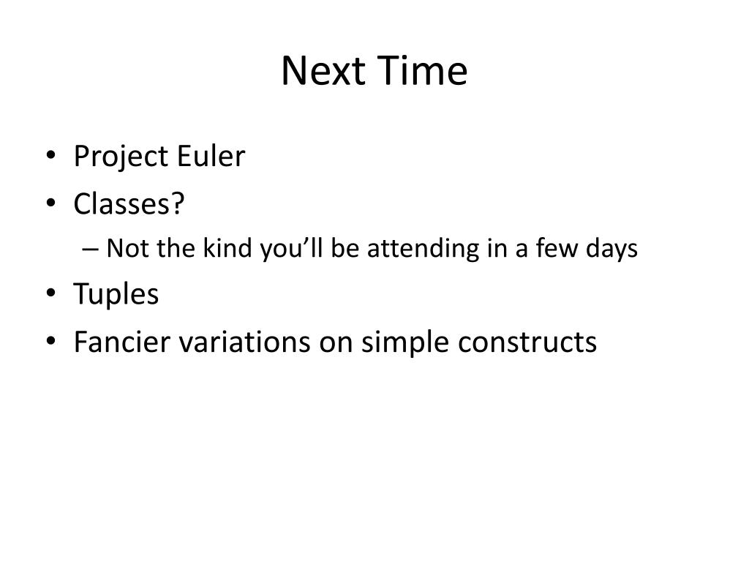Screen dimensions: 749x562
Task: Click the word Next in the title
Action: [323, 71]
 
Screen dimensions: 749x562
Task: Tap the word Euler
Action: [211, 156]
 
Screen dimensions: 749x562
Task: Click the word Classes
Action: [121, 204]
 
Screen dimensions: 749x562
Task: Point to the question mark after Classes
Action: [177, 203]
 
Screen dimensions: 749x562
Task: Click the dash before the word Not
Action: [90, 250]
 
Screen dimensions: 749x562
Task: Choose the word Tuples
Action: [116, 294]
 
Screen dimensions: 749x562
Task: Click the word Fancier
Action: [122, 342]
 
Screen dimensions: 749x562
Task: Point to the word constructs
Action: [527, 342]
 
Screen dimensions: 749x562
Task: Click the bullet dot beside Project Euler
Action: [51, 155]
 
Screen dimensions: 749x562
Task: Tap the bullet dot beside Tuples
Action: [51, 293]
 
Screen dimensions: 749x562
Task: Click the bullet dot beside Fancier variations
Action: [51, 341]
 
